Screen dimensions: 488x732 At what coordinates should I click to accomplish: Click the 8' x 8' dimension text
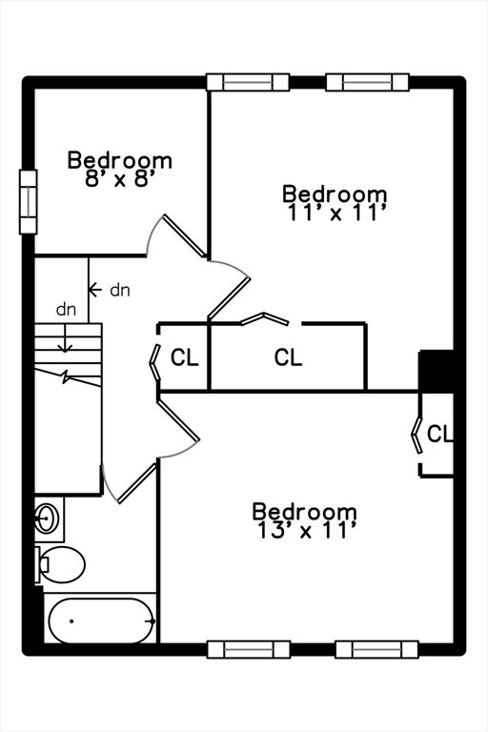pos(119,179)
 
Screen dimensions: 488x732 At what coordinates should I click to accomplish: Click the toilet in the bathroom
pos(60,564)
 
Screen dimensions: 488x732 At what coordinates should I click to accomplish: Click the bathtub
pos(101,620)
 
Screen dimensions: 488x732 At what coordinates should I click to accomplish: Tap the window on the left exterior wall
pos(28,202)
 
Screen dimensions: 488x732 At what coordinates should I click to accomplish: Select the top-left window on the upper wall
pos(248,82)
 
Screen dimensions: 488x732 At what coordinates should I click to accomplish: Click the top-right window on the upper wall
pos(367,82)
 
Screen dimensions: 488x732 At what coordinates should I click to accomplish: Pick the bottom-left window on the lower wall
pos(248,649)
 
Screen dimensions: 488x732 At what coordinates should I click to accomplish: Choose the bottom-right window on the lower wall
pos(376,649)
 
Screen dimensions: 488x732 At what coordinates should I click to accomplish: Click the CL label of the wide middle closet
pos(288,357)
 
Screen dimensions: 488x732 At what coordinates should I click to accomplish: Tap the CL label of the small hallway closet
pos(185,357)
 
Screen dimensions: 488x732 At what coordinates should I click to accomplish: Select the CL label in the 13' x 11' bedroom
pos(439,434)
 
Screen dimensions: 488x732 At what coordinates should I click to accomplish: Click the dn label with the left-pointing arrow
pos(119,291)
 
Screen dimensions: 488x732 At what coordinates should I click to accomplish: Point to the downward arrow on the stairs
pos(65,338)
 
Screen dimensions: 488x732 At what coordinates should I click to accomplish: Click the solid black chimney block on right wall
pos(437,371)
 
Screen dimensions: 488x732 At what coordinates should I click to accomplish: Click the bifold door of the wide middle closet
pos(264,318)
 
